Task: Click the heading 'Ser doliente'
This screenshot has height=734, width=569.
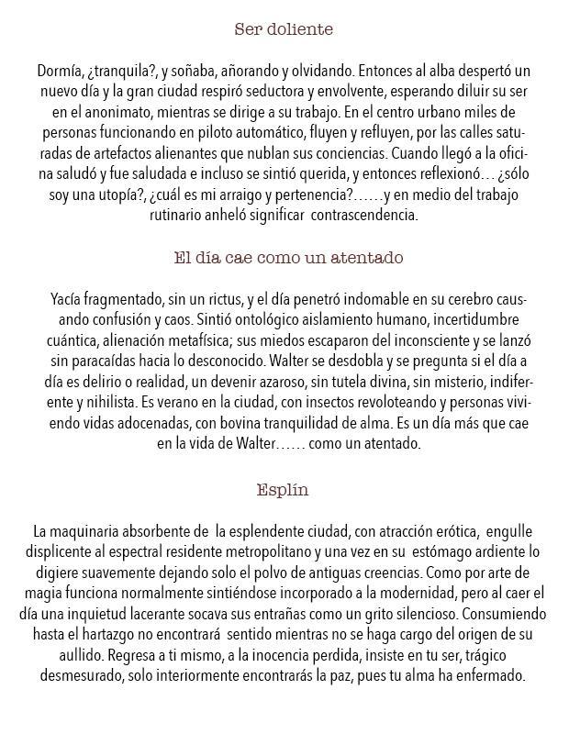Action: (x=284, y=29)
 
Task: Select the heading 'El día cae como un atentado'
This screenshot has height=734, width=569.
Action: (x=288, y=258)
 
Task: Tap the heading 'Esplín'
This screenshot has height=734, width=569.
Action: (x=283, y=489)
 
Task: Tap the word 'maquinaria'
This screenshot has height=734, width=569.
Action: (x=92, y=532)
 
